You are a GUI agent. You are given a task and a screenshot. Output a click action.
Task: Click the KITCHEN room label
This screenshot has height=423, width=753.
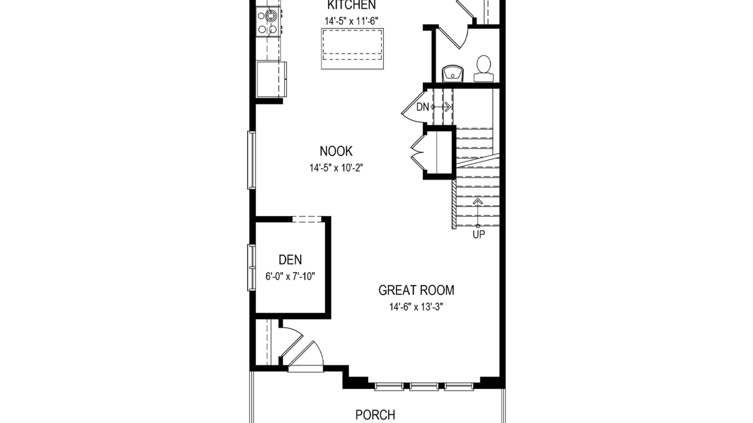(351, 5)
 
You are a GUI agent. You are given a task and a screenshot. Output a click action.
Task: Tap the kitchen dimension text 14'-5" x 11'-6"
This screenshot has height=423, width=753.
(351, 21)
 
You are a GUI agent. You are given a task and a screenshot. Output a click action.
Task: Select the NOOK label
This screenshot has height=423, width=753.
(336, 151)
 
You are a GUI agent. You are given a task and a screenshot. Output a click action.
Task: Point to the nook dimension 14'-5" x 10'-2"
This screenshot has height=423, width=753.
(336, 168)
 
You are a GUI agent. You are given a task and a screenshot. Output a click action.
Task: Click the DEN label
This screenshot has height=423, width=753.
(290, 260)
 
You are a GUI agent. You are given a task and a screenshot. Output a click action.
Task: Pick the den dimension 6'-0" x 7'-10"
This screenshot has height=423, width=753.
(290, 276)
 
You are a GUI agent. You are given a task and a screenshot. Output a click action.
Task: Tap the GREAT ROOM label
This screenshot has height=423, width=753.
(416, 290)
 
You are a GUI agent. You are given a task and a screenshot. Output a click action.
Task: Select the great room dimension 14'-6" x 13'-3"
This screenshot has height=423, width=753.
(416, 307)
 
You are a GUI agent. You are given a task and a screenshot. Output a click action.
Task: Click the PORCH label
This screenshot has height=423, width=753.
(375, 415)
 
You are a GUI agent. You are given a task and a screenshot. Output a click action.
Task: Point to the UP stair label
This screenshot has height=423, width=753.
(479, 234)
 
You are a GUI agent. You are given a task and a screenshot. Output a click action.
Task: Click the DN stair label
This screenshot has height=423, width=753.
(423, 107)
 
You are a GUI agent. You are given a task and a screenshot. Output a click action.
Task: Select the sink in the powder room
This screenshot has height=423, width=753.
(453, 74)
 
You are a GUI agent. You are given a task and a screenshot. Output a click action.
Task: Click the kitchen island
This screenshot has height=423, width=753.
(352, 49)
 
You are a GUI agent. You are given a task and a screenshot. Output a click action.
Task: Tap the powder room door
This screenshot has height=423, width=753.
(452, 37)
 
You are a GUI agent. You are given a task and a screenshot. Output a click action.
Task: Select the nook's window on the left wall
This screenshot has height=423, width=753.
(251, 160)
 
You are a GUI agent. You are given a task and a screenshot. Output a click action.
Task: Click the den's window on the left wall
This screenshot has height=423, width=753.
(251, 268)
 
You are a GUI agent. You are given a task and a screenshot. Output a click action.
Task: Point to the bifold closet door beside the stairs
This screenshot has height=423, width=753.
(417, 153)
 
